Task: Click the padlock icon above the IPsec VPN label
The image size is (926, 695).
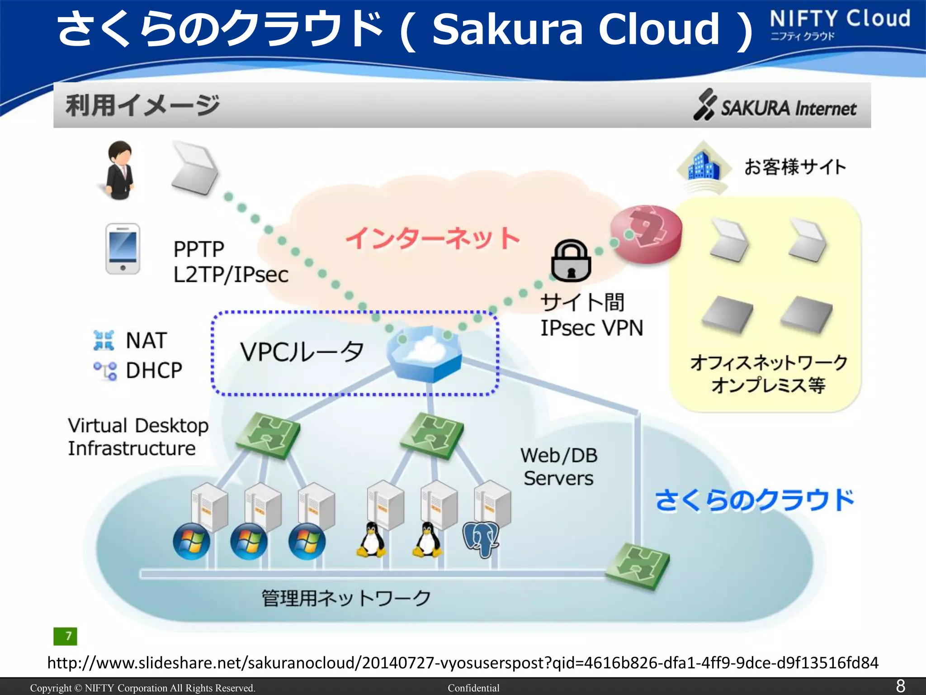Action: (571, 262)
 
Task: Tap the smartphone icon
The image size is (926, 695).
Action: (123, 248)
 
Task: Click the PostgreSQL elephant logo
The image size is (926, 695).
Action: (481, 538)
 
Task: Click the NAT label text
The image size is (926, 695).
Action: (146, 340)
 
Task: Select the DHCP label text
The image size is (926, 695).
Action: (154, 370)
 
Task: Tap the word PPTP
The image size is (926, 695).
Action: (198, 249)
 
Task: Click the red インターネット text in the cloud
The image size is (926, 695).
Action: (433, 238)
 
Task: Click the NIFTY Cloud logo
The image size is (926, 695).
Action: (840, 24)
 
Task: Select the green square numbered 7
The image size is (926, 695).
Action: (65, 636)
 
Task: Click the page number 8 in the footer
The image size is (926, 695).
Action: (900, 686)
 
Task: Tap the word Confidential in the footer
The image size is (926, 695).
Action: (473, 688)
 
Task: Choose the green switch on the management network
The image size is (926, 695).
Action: (638, 566)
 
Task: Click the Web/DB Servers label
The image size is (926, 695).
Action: (559, 467)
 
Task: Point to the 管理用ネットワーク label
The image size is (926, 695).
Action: (346, 598)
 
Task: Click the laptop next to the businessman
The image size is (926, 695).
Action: (194, 168)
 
